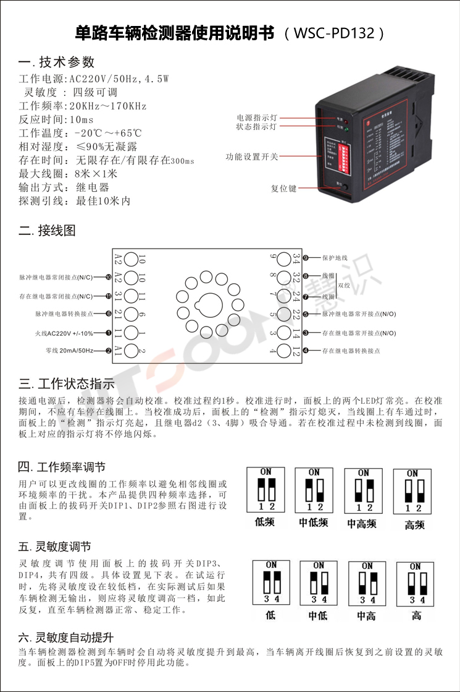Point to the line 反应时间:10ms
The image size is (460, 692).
(x=56, y=119)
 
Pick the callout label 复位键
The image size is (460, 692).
(x=284, y=188)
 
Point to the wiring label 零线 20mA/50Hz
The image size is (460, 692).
(x=69, y=351)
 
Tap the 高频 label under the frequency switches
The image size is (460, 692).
(x=415, y=525)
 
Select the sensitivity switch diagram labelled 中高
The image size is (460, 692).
(x=367, y=585)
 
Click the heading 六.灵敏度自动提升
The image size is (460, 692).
(x=66, y=638)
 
